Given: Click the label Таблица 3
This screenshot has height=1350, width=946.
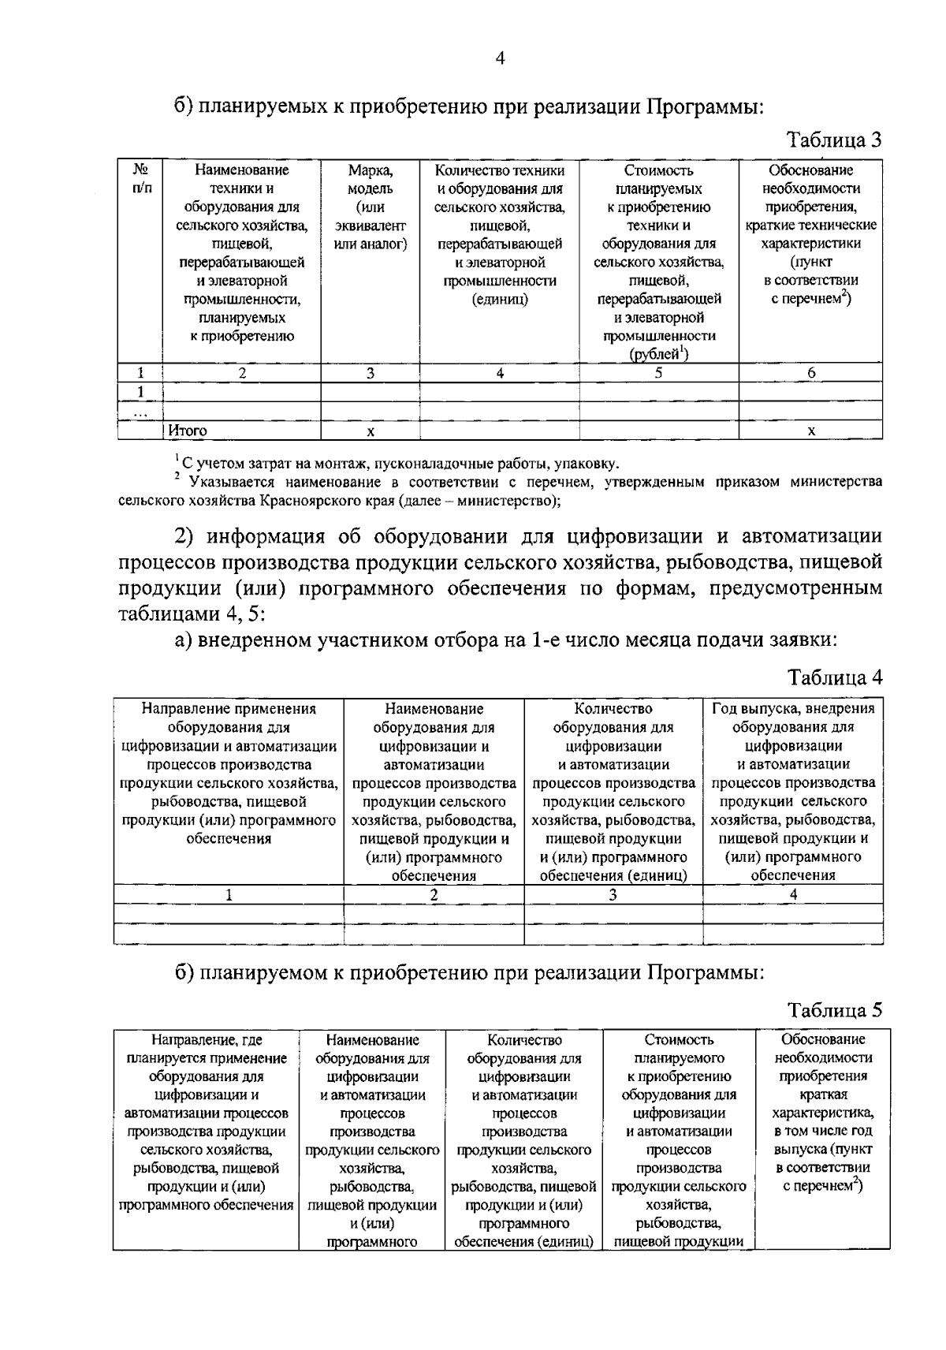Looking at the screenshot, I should click(835, 141).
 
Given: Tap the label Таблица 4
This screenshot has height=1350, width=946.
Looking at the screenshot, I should click(835, 677).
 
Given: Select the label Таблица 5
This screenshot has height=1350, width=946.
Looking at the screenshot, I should click(835, 1010).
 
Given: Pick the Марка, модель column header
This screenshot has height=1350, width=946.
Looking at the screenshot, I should click(371, 179).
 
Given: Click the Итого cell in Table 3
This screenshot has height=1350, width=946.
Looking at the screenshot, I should click(188, 431).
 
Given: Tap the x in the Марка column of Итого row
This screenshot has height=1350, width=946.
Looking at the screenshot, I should click(371, 431).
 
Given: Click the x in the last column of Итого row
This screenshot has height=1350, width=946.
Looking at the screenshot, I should click(810, 431).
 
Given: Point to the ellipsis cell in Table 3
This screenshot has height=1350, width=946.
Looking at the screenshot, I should click(140, 412).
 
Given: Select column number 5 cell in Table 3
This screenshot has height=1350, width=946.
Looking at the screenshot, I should click(658, 374).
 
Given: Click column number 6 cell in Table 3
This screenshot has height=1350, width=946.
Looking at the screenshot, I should click(810, 374).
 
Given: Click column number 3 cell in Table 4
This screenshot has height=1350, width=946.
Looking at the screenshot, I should click(613, 894).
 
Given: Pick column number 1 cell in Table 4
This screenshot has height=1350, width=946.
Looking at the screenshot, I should click(229, 894).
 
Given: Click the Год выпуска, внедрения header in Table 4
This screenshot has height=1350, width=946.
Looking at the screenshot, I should click(793, 708).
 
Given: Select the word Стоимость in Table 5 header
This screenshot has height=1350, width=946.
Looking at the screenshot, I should click(679, 1040).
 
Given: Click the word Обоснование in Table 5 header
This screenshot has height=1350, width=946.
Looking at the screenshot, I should click(823, 1039).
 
